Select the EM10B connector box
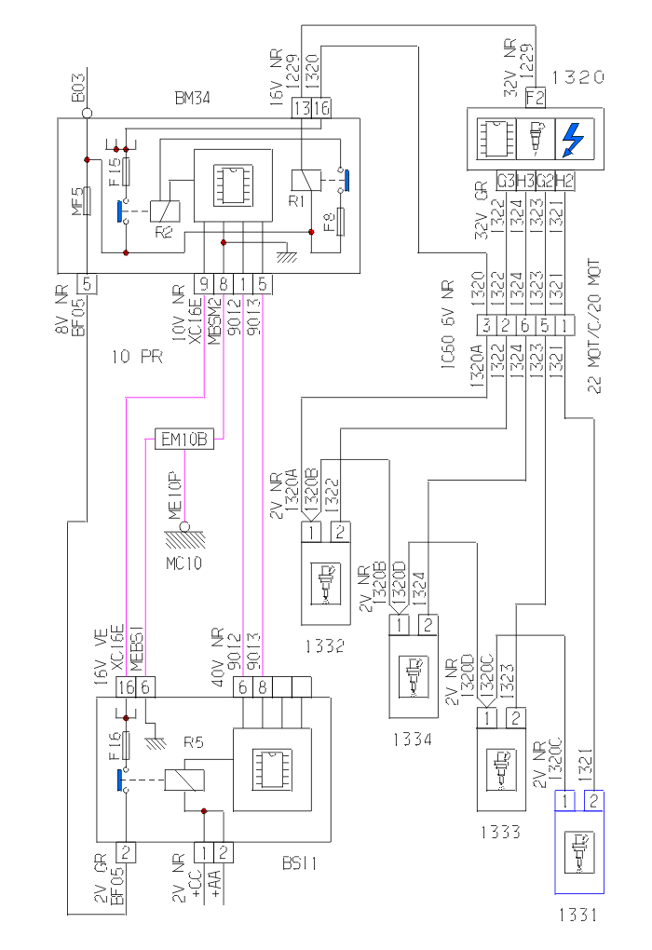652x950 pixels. [x=184, y=438]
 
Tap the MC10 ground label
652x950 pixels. [x=183, y=563]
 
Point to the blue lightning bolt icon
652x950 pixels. [x=573, y=141]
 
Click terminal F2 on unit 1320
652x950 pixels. [x=535, y=96]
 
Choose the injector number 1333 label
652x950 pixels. [x=501, y=831]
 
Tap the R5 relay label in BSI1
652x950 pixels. [x=193, y=743]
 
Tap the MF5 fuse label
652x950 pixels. [x=79, y=200]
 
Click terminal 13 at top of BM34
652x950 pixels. [x=302, y=108]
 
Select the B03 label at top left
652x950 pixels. [x=79, y=88]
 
